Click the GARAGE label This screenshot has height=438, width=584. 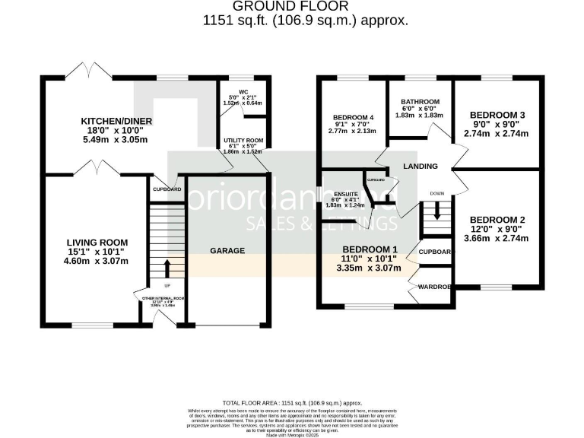point(227,250)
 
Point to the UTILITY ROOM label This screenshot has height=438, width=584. point(243,141)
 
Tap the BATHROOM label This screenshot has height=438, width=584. point(420,102)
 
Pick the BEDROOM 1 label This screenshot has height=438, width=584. point(370,249)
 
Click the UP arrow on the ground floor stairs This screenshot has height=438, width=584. point(166,268)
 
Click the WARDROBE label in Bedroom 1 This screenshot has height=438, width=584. point(430,287)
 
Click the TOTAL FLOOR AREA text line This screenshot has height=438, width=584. point(292,401)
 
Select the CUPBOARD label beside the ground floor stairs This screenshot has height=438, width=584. point(167,189)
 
